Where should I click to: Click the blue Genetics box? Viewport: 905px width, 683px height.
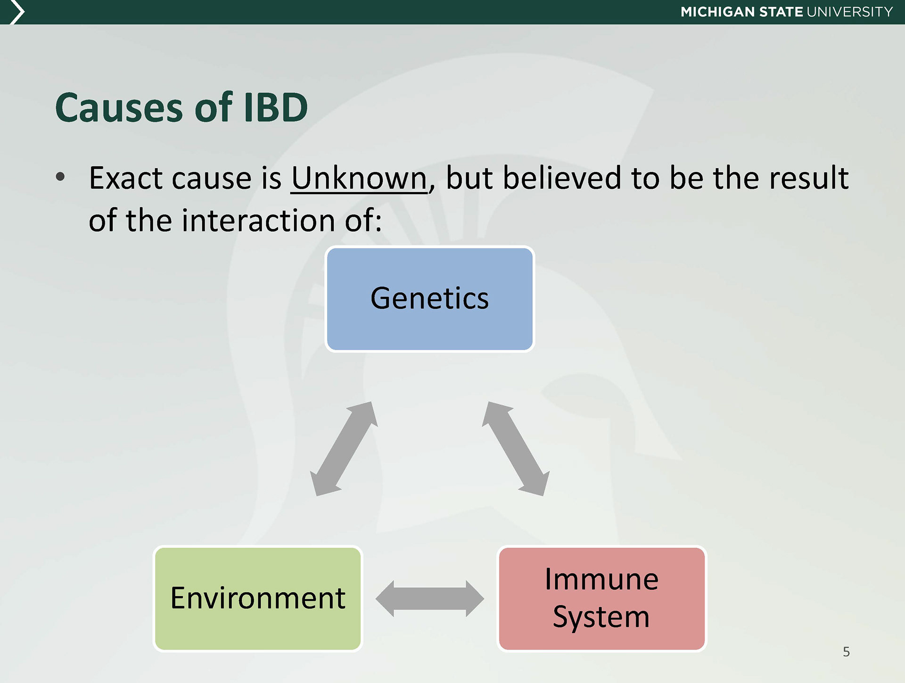(x=429, y=299)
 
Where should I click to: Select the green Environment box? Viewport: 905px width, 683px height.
(x=258, y=599)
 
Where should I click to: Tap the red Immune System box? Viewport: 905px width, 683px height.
(x=602, y=599)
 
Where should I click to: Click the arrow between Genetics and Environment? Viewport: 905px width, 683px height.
(x=344, y=449)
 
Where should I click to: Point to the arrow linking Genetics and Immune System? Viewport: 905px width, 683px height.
(x=516, y=449)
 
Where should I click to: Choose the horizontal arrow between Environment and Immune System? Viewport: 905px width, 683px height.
(x=430, y=599)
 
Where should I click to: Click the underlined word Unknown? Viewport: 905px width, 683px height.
(x=359, y=178)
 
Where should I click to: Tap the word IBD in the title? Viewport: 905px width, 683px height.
(x=275, y=107)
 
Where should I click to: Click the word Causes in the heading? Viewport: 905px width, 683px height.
(x=119, y=107)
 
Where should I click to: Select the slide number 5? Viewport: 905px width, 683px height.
(x=846, y=652)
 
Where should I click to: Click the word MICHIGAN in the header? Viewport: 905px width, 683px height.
(x=717, y=12)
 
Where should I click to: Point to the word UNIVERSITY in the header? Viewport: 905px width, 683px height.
(x=850, y=12)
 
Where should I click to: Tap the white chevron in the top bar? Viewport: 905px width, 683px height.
(x=17, y=12)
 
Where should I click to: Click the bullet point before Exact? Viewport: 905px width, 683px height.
(x=60, y=177)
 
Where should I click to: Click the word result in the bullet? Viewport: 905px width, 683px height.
(x=809, y=178)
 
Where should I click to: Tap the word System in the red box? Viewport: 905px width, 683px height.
(x=601, y=617)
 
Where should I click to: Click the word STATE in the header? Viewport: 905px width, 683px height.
(x=781, y=12)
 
